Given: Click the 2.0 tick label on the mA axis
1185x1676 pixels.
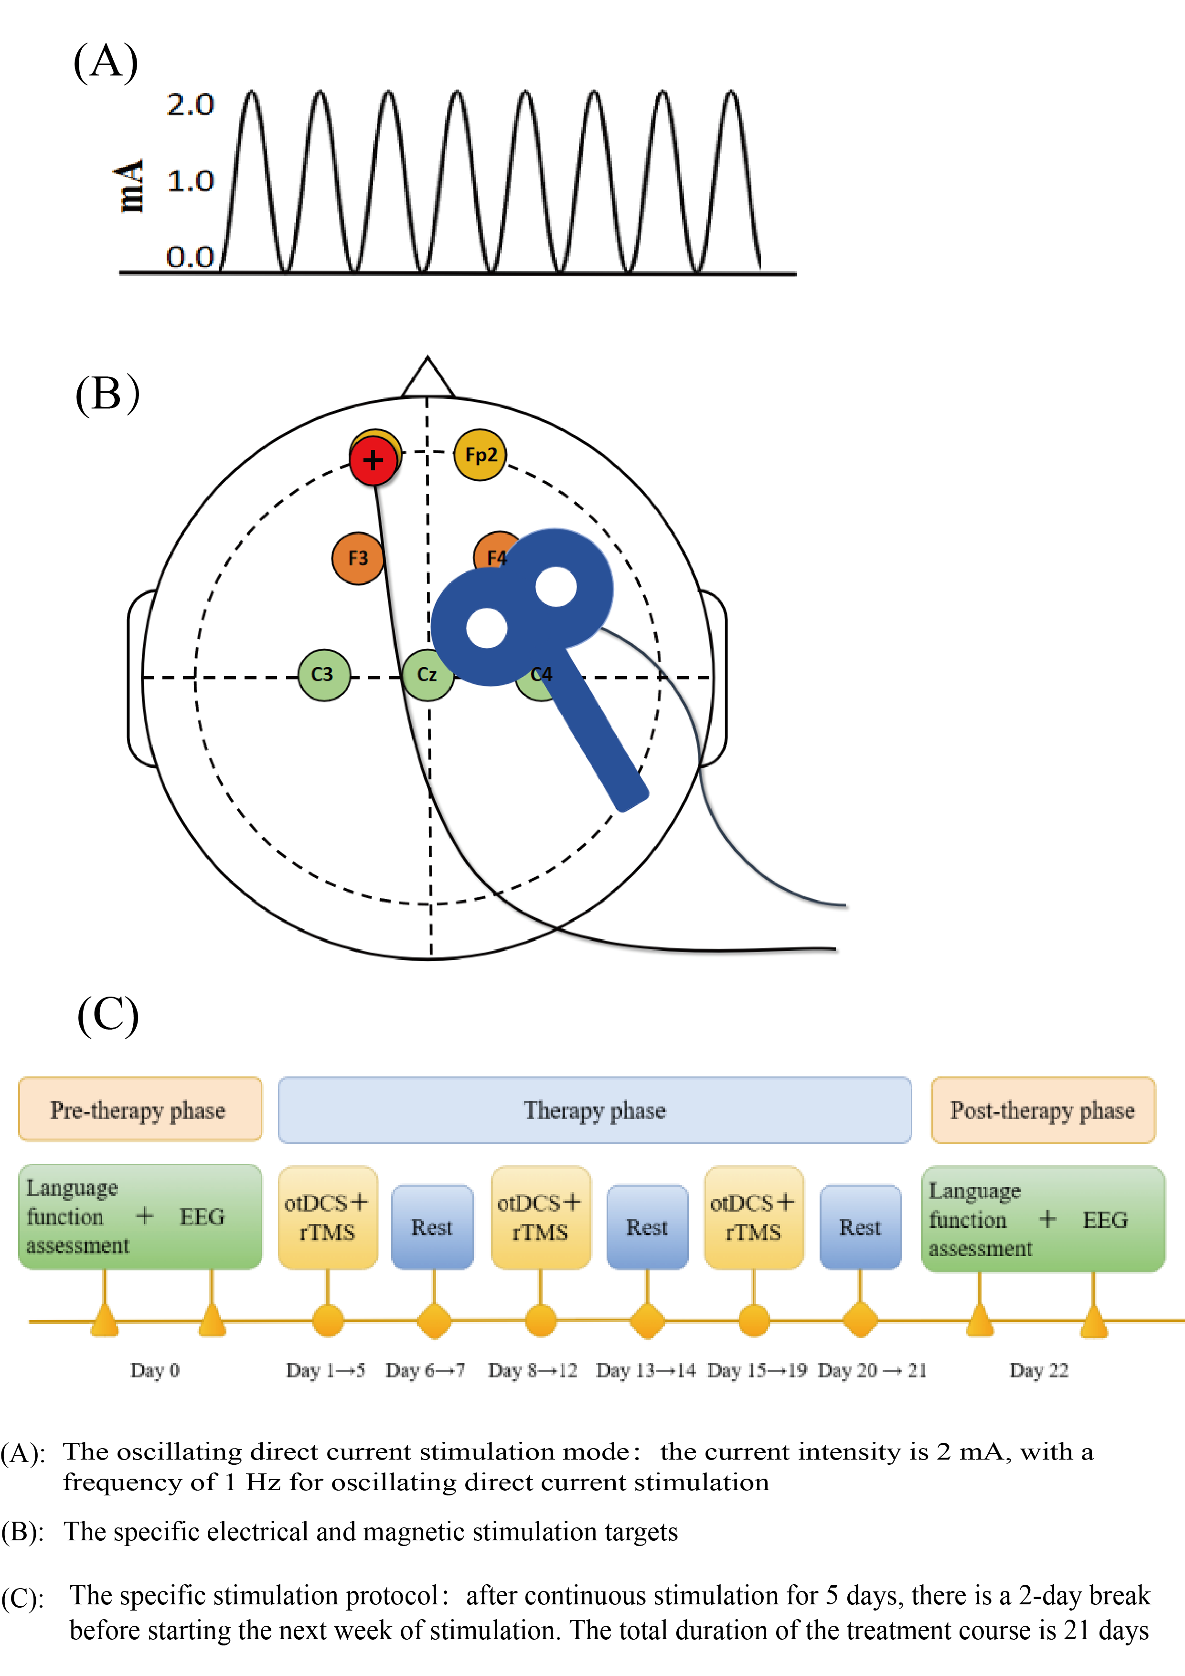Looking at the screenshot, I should click(x=190, y=105).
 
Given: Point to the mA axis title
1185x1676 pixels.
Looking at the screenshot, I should click(x=130, y=186).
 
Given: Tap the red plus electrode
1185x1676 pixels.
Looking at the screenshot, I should click(x=373, y=461).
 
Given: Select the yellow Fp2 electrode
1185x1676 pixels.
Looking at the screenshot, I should click(x=480, y=455).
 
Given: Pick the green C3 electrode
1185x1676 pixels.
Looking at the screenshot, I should click(x=323, y=675).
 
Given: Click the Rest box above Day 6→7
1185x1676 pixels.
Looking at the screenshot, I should click(x=432, y=1227).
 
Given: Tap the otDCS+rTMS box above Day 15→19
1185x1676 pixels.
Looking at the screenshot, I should click(x=754, y=1217).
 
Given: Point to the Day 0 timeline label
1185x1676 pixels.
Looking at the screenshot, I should click(x=155, y=1370).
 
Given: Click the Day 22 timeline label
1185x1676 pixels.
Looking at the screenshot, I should click(x=1038, y=1370).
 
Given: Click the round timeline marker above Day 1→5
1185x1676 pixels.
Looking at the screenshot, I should click(x=328, y=1321).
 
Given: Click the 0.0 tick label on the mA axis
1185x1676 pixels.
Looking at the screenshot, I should click(x=190, y=257).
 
